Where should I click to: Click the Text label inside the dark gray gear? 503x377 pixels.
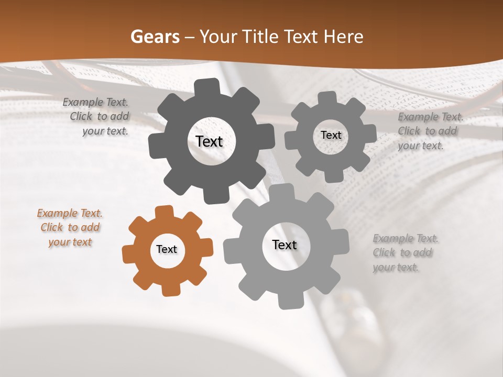coord(209,142)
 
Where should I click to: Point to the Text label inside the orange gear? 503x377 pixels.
coord(167,250)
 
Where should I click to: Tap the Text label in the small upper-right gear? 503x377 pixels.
coord(331,135)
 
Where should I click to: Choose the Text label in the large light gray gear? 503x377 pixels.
coord(285,245)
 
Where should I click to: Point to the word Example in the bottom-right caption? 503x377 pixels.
coord(391,239)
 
